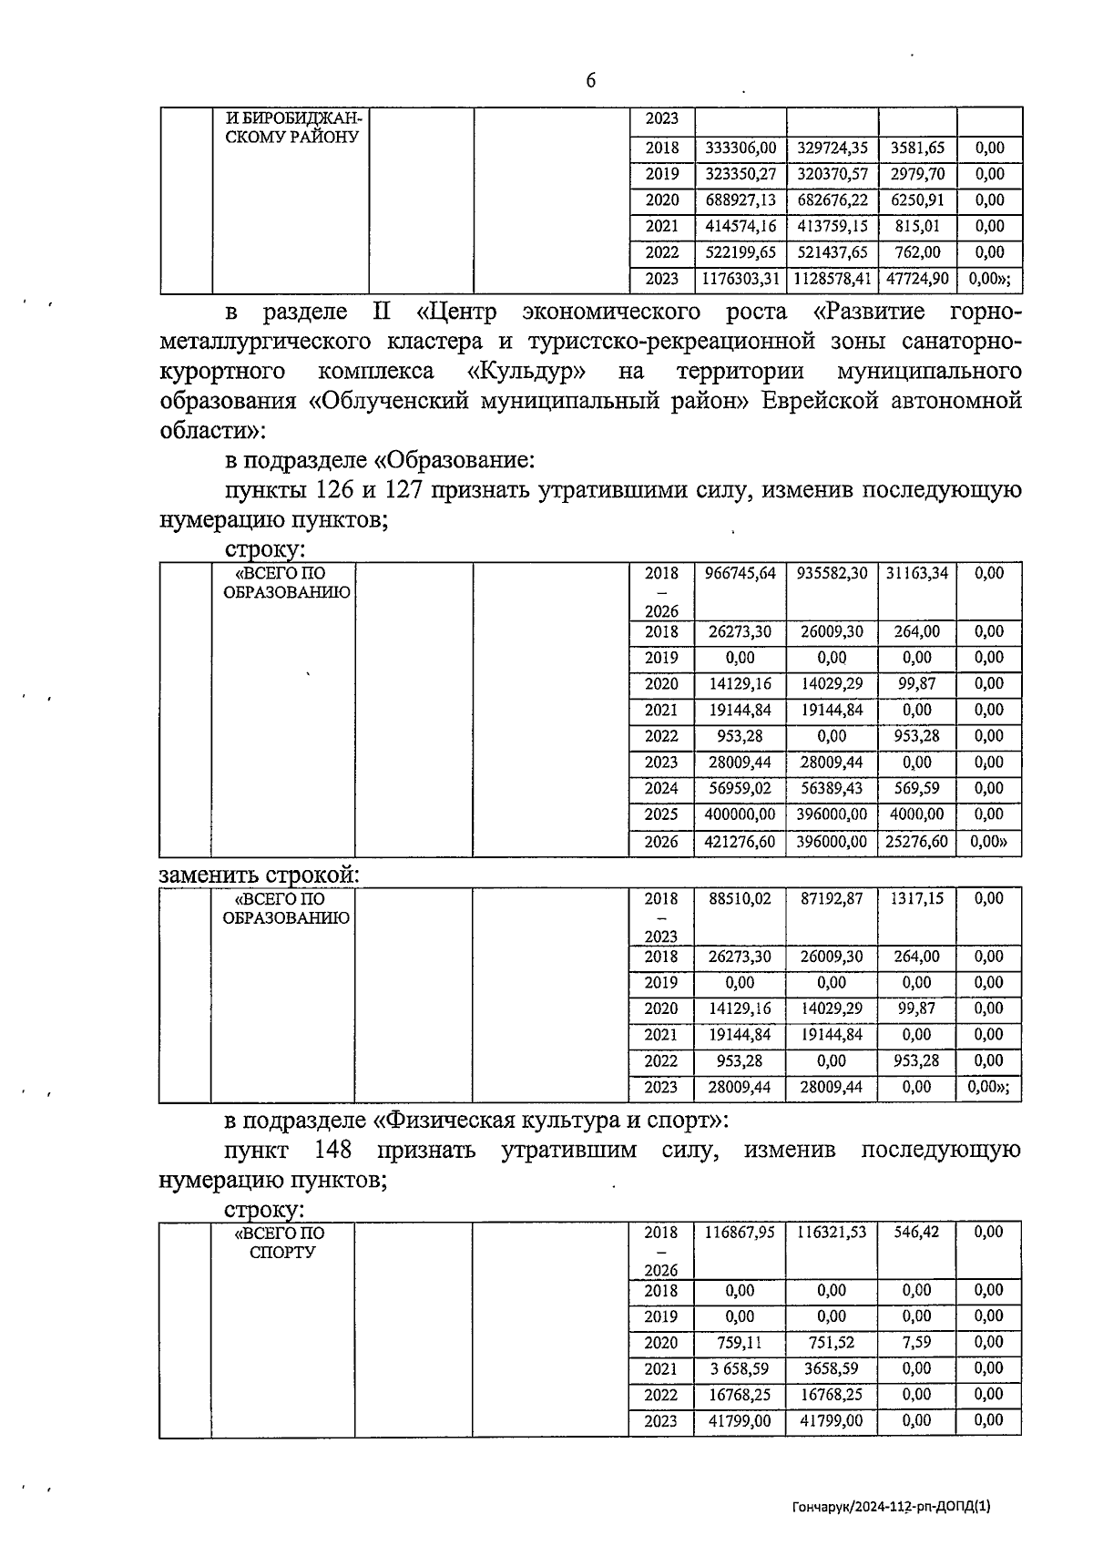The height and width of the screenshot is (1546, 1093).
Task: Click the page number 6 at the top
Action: coord(590,81)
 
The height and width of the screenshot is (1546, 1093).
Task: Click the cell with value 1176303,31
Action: coord(740,279)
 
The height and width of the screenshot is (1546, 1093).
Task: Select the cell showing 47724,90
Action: coord(917,279)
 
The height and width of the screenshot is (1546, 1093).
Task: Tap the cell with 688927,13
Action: coord(740,200)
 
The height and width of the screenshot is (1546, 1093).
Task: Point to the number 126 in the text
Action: coord(334,491)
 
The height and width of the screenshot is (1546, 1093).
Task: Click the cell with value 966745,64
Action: coord(740,574)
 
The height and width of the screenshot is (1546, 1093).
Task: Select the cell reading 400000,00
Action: coord(740,814)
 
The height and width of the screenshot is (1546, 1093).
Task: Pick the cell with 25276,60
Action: coord(917,842)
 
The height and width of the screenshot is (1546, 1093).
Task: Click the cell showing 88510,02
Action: coord(740,898)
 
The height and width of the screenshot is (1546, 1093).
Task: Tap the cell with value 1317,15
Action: coord(917,898)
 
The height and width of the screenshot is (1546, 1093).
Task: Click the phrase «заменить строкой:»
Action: coord(260,875)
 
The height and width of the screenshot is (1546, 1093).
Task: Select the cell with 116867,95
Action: coord(740,1233)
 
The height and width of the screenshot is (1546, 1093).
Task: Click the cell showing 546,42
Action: coord(917,1233)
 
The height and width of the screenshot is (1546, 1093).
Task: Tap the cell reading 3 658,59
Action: coord(740,1368)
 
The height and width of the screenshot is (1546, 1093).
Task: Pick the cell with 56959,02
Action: coord(740,788)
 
